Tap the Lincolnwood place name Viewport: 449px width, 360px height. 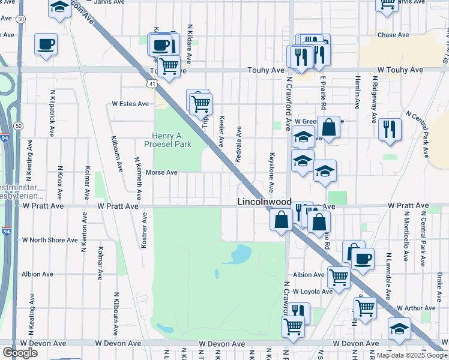tap(264, 202)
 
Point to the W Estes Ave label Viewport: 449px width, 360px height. tap(130, 104)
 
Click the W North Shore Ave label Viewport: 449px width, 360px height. tap(50, 240)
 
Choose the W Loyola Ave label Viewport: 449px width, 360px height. tap(309, 292)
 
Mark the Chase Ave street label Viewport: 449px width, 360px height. tap(393, 35)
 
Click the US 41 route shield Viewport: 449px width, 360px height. tap(154, 84)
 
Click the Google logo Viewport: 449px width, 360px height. tap(20, 353)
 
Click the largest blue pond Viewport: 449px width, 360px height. tap(240, 255)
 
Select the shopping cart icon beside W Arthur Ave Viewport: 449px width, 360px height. tap(365, 308)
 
